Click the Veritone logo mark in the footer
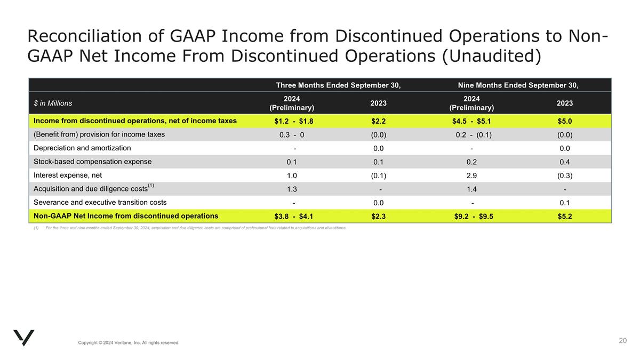tap(24, 338)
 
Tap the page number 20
tap(622, 341)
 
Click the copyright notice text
tap(129, 342)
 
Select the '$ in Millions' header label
tap(53, 103)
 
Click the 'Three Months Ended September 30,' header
tap(338, 85)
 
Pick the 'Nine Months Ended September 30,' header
tap(518, 85)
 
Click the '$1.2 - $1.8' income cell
tap(294, 121)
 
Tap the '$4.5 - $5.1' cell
tap(471, 121)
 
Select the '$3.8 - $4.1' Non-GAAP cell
tap(294, 217)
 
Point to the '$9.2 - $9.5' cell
tap(471, 217)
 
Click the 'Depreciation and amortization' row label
tap(82, 148)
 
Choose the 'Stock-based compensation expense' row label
tap(92, 162)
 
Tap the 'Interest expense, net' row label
tap(68, 175)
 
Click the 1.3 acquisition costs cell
tap(292, 189)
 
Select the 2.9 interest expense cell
tap(471, 175)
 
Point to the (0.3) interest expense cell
tap(565, 175)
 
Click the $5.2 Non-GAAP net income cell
tap(565, 217)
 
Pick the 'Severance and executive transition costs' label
tap(100, 203)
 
